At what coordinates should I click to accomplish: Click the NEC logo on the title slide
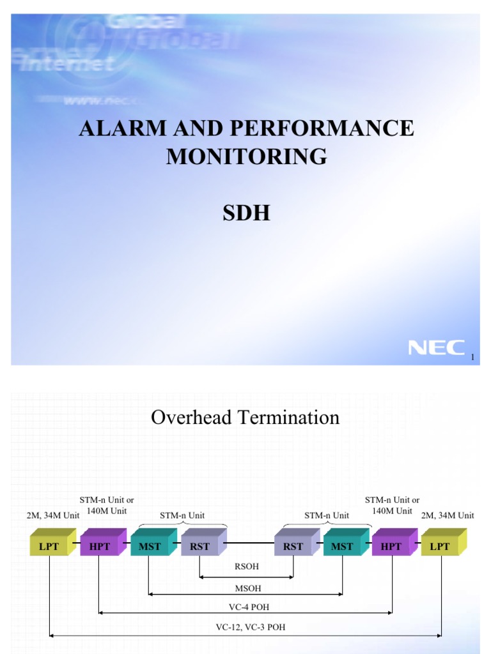pyautogui.click(x=437, y=347)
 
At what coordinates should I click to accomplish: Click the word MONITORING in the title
pyautogui.click(x=246, y=156)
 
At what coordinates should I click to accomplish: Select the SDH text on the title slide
pyautogui.click(x=246, y=213)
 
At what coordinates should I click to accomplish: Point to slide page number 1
pyautogui.click(x=472, y=358)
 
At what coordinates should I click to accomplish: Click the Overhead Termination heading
pyautogui.click(x=245, y=418)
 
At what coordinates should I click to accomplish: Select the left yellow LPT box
pyautogui.click(x=50, y=547)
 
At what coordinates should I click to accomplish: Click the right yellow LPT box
pyautogui.click(x=440, y=547)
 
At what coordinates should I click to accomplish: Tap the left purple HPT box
pyautogui.click(x=100, y=547)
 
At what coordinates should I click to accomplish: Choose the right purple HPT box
pyautogui.click(x=391, y=547)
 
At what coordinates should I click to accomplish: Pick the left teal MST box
pyautogui.click(x=150, y=547)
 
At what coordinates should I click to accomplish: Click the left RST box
pyautogui.click(x=199, y=547)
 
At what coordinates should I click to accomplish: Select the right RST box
pyautogui.click(x=293, y=547)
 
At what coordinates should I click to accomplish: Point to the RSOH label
pyautogui.click(x=246, y=566)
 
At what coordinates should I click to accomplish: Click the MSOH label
pyautogui.click(x=246, y=588)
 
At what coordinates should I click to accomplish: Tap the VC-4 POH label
pyautogui.click(x=246, y=607)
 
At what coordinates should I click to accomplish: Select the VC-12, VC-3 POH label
pyautogui.click(x=246, y=627)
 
